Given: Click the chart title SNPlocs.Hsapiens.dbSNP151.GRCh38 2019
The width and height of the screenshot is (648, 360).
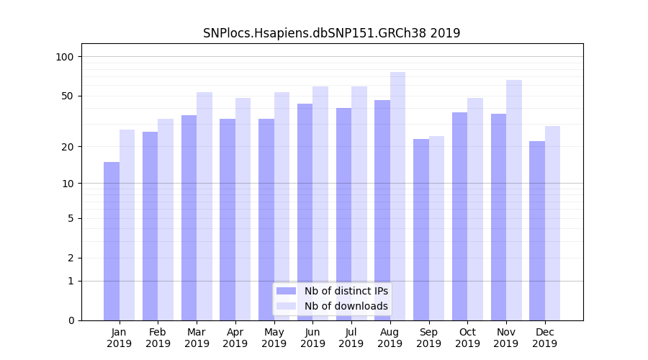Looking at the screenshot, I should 331,33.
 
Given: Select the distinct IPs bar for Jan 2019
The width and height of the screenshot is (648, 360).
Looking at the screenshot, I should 112,241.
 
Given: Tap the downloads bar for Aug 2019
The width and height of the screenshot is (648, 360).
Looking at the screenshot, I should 397,196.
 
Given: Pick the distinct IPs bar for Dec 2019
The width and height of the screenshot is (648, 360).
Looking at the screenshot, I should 537,230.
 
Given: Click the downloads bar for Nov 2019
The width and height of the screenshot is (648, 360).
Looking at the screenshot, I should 514,200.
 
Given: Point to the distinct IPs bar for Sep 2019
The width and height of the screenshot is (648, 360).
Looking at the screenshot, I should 421,230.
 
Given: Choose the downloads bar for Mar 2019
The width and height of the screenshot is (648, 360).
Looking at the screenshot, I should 204,206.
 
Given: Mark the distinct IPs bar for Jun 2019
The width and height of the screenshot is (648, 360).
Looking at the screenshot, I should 305,212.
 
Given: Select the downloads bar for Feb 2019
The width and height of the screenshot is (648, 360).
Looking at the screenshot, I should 166,220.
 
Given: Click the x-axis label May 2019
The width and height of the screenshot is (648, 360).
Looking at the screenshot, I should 274,338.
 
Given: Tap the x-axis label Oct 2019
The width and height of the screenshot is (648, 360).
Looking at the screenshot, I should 467,338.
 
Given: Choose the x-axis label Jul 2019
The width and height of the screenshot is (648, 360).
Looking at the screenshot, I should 351,338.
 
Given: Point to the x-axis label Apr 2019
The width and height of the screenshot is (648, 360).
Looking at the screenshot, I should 235,338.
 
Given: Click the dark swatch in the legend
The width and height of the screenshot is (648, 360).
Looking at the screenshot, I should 286,291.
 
